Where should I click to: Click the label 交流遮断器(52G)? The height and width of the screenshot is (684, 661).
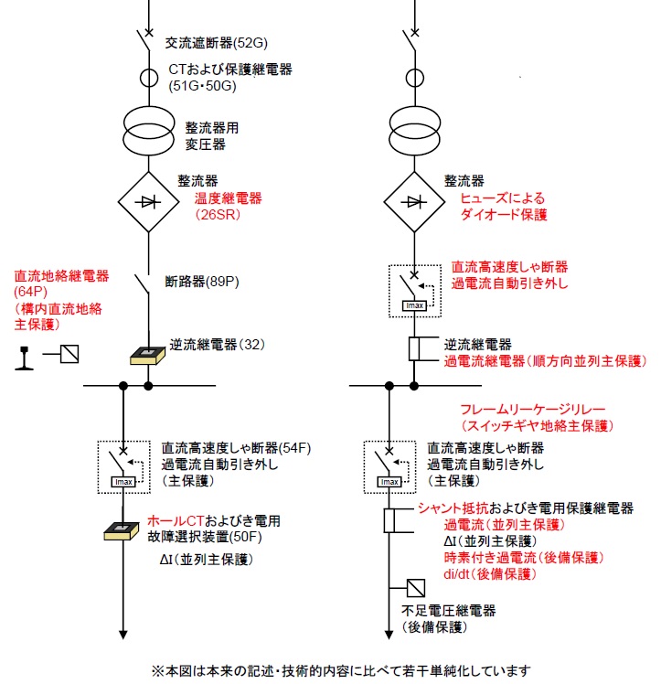(x=217, y=43)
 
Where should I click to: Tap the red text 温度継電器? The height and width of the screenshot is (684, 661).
(x=228, y=198)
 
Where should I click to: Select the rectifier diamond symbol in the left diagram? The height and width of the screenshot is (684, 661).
(x=149, y=201)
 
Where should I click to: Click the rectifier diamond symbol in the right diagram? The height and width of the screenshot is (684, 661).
(x=414, y=201)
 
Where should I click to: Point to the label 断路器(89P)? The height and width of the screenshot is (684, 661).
(x=202, y=282)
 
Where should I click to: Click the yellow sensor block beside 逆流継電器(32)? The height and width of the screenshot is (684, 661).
(x=148, y=355)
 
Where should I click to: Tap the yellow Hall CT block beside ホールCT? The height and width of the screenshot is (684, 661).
(x=122, y=531)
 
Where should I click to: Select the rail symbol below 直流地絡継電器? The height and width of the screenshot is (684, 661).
(x=24, y=358)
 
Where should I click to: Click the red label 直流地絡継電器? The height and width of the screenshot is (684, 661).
(x=61, y=275)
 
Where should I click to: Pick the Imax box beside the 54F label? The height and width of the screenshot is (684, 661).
(x=123, y=482)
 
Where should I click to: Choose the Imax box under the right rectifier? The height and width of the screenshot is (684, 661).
(x=414, y=305)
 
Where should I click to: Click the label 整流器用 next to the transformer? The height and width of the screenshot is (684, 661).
(x=212, y=128)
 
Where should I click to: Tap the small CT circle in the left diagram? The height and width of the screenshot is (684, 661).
(x=149, y=79)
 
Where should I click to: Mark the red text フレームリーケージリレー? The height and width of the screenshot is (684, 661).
(x=533, y=409)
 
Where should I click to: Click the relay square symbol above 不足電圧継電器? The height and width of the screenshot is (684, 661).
(x=415, y=588)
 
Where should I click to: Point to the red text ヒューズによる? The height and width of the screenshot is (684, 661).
(x=502, y=198)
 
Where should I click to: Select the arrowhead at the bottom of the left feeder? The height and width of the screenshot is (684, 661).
(x=123, y=635)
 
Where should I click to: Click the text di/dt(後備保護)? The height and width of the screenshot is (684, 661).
(x=490, y=574)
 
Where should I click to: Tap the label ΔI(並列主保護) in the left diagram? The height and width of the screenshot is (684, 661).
(x=207, y=560)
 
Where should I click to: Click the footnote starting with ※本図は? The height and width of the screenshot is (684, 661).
(x=341, y=670)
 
